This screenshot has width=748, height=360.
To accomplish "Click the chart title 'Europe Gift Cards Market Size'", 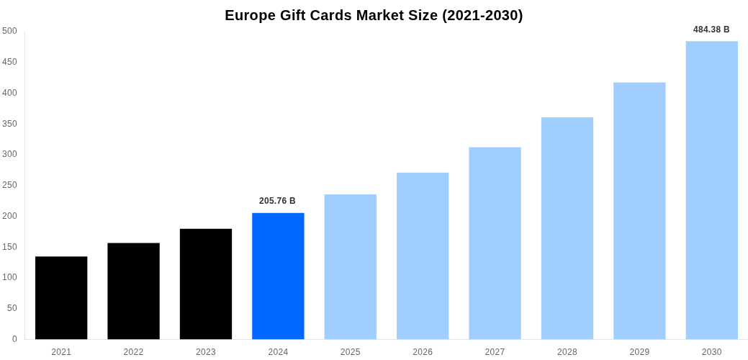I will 374,15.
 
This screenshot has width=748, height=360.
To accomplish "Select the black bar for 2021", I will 61,297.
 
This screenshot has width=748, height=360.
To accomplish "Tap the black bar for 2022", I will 133,291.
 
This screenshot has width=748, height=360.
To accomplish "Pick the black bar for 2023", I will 206,284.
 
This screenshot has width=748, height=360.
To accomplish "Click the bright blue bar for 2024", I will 278,276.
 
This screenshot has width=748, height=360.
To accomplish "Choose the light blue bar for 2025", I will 350,266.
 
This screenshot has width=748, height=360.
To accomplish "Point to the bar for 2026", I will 423,256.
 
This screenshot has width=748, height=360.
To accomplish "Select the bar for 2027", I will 495,243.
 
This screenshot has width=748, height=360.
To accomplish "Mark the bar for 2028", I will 567,228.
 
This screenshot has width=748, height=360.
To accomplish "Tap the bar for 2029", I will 639,210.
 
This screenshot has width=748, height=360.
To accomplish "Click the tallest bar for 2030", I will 711,190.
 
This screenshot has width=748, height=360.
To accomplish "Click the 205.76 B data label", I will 277,201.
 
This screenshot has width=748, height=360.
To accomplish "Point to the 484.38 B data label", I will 711,30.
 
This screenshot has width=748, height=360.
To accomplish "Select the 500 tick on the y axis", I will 9,31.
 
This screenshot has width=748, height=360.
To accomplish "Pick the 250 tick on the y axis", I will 9,185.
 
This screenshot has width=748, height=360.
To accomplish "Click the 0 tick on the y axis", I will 14,339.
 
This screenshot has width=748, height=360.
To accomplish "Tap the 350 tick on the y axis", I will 9,124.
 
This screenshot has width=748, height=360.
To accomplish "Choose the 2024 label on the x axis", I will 278,352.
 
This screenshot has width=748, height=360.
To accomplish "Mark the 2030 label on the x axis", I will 711,352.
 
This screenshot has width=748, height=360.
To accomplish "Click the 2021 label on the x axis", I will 61,352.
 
